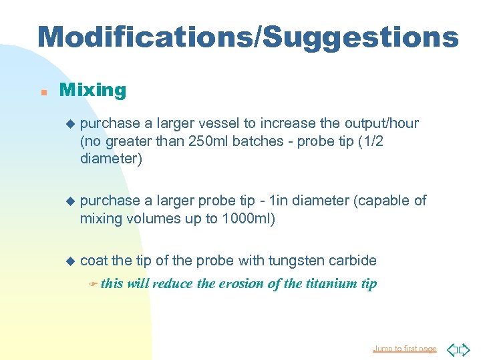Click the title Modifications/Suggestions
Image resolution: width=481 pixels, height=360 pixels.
point(248,38)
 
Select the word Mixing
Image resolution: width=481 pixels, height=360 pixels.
point(93,90)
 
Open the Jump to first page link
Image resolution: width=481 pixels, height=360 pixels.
point(405,349)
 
